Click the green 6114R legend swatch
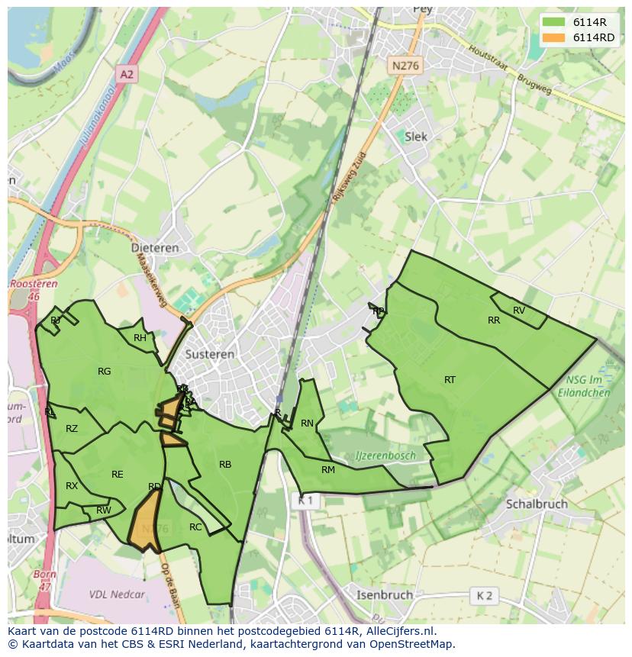(555, 22)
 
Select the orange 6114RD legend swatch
(555, 37)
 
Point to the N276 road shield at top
(405, 66)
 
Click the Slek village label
(416, 137)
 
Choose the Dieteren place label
(155, 248)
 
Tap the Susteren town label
(210, 355)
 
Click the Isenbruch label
(385, 594)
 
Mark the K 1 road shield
(305, 501)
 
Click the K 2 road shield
(485, 595)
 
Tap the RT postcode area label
(450, 379)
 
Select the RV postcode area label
(519, 310)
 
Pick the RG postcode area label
(105, 372)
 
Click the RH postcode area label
(140, 338)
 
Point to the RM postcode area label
(328, 470)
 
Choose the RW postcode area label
(104, 510)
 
